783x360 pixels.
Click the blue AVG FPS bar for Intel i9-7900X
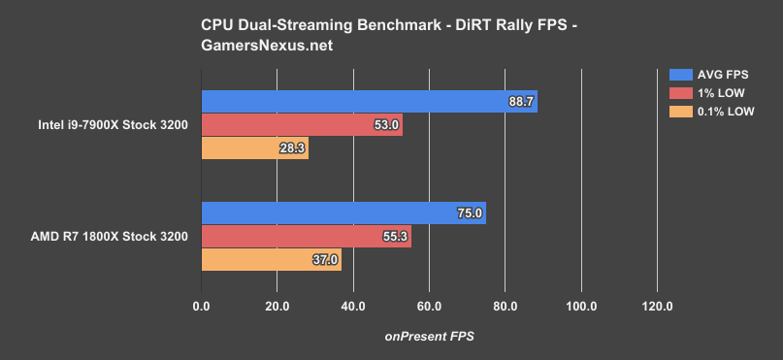point(369,102)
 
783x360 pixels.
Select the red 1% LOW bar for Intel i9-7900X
point(301,125)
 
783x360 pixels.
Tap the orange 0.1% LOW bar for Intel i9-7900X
point(254,148)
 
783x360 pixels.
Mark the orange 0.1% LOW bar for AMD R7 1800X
point(271,260)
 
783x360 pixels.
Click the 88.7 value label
point(521,102)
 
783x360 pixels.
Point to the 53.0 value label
point(386,125)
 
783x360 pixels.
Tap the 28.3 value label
point(292,148)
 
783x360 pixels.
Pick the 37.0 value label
point(325,260)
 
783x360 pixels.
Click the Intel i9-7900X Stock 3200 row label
point(124,125)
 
